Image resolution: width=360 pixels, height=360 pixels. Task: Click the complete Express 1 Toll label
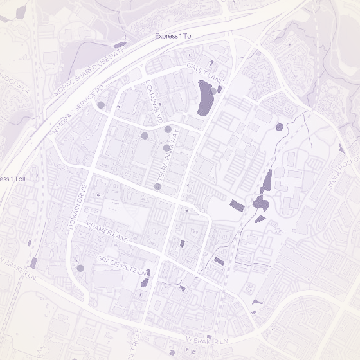point(174,37)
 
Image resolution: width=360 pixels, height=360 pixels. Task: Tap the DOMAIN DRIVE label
point(77,207)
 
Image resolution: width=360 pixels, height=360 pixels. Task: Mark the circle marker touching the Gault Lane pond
point(214,91)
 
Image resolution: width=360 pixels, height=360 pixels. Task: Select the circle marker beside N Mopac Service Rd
point(101,104)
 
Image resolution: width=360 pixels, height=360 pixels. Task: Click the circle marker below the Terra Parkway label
point(158,186)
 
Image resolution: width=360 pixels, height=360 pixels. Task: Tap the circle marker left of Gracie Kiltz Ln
point(80,267)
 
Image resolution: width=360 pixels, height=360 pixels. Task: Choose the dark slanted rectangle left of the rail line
point(237,206)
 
